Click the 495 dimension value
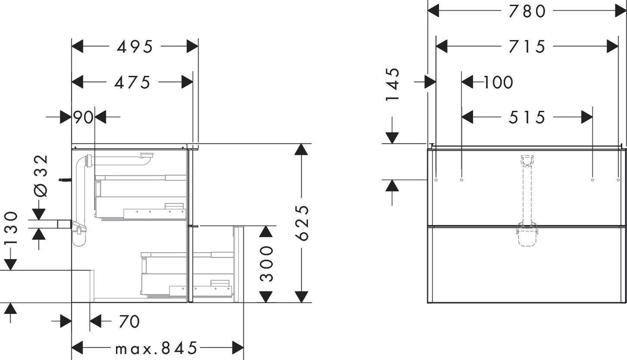point(135,47)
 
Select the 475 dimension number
point(132,83)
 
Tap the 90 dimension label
point(83,117)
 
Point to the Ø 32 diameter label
point(41,176)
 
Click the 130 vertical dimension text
point(11,228)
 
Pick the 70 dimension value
point(130,321)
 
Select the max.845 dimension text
point(156,348)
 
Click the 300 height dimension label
point(266,264)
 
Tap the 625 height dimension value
point(302,223)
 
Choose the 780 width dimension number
point(527,11)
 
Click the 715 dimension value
point(527,47)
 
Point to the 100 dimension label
point(498,83)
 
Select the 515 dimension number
point(527,117)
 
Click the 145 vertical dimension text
point(393,85)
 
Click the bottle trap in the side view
point(79,233)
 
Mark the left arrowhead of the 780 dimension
point(433,11)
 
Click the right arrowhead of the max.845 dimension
point(238,347)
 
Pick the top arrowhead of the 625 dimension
point(301,149)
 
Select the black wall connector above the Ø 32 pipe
point(65,180)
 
